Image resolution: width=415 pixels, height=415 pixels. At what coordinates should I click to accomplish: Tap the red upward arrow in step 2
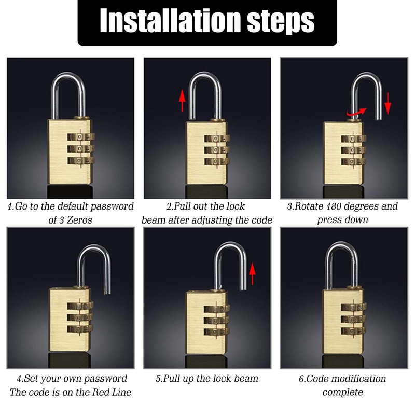[x=182, y=101]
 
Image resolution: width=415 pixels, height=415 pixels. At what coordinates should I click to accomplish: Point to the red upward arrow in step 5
[x=253, y=273]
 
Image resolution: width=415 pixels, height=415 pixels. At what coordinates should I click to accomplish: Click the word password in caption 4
[x=102, y=379]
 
